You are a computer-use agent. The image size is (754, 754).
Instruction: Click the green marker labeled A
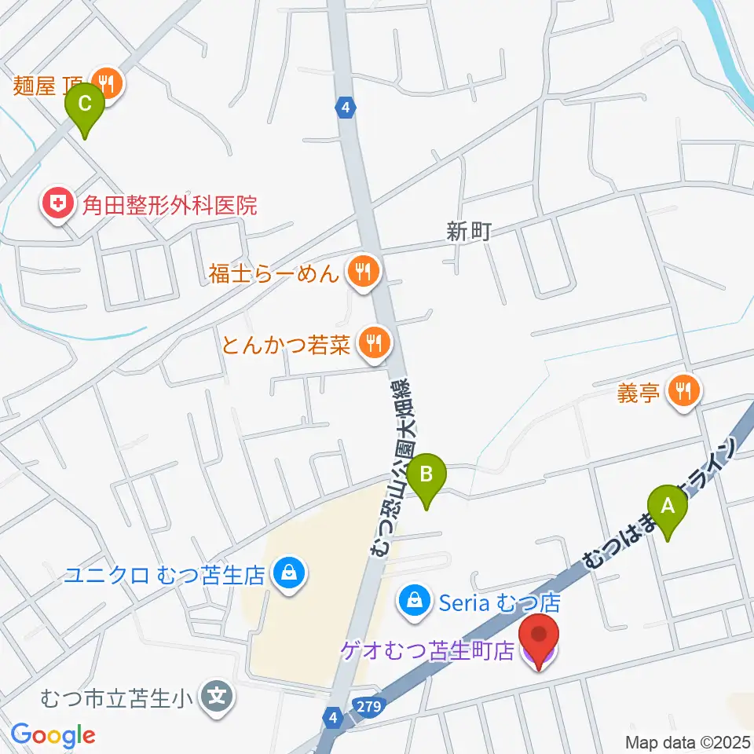668,507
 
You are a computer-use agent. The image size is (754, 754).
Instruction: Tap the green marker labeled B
426,474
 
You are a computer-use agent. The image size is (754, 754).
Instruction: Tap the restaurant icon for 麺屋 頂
105,81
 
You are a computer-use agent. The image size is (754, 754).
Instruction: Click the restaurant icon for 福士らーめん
363,273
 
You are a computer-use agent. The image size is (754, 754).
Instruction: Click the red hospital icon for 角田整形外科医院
57,206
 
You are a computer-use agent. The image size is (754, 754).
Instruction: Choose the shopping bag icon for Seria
412,602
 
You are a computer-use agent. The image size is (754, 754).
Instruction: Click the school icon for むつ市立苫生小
215,695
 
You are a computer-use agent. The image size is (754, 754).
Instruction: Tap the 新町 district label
469,232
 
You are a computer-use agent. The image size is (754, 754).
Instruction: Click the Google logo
53,735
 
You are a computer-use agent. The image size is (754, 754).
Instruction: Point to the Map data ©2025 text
687,741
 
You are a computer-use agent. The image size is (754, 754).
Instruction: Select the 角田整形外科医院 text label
165,207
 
